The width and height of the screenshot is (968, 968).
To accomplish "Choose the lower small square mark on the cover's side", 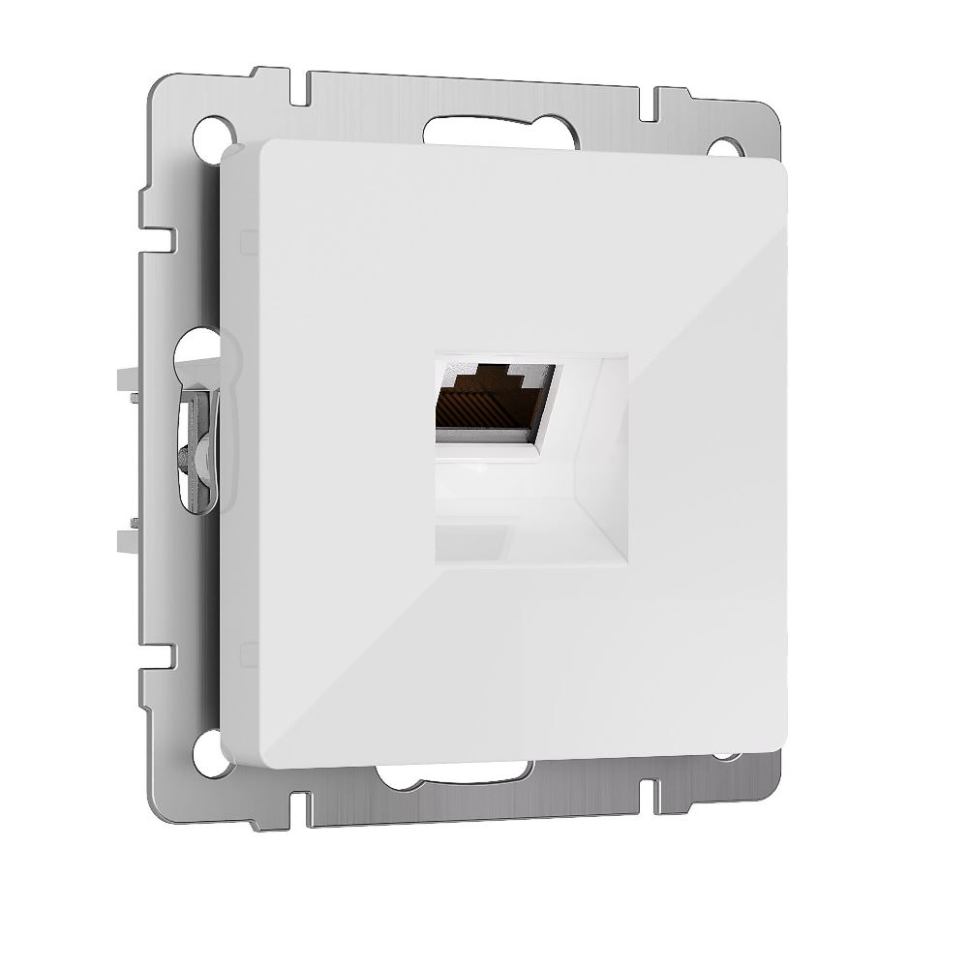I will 248,651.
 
